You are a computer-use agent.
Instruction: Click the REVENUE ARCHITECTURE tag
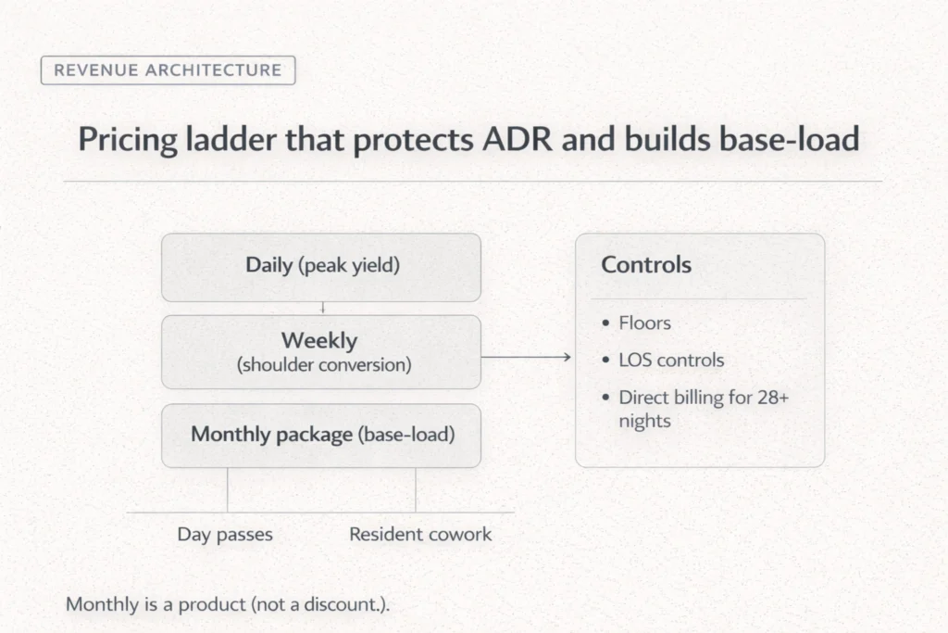coord(168,70)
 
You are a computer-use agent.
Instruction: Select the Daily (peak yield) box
coord(321,266)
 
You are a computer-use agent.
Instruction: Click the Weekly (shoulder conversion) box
coord(321,352)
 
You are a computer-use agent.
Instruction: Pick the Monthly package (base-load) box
coord(321,435)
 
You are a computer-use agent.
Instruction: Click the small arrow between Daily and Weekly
coord(321,308)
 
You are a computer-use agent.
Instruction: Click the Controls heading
coord(646,264)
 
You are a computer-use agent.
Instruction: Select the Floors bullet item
coord(644,323)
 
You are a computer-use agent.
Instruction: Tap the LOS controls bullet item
coord(671,360)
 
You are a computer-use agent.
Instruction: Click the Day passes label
coord(225,535)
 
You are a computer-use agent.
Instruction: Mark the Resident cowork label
coord(420,535)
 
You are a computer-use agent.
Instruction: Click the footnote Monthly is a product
coord(228,604)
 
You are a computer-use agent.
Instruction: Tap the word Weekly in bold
coord(319,341)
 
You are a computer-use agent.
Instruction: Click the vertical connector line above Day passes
coord(227,489)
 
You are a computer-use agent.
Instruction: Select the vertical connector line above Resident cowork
coord(416,489)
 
